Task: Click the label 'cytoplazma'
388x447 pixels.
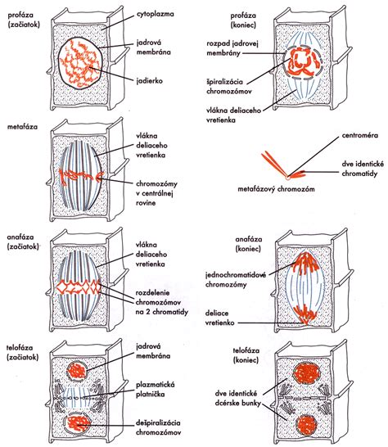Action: tap(155, 14)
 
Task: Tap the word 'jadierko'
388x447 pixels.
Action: tap(149, 81)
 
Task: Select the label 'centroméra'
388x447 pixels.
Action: tap(360, 135)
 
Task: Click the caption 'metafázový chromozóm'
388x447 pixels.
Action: tap(276, 189)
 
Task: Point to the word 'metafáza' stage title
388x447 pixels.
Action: tap(22, 127)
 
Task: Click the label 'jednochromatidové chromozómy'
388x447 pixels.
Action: tap(236, 280)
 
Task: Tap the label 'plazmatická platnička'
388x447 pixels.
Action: tap(155, 390)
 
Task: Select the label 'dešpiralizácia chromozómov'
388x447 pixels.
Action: tap(158, 427)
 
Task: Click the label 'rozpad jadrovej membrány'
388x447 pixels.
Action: tap(232, 48)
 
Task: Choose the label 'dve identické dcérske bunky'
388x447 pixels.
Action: tap(238, 398)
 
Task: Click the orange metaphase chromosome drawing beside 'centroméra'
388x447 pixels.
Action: tap(282, 166)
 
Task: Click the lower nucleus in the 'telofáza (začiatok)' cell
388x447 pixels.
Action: tap(78, 422)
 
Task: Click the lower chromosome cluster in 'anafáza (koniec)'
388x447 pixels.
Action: tap(305, 314)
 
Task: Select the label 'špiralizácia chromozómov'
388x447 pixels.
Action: tap(228, 87)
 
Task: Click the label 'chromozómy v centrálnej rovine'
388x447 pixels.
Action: tap(156, 193)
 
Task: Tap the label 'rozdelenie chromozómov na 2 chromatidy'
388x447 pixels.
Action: tap(161, 302)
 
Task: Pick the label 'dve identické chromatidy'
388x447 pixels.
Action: tap(363, 169)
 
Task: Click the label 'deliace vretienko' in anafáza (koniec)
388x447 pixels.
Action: tap(220, 318)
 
